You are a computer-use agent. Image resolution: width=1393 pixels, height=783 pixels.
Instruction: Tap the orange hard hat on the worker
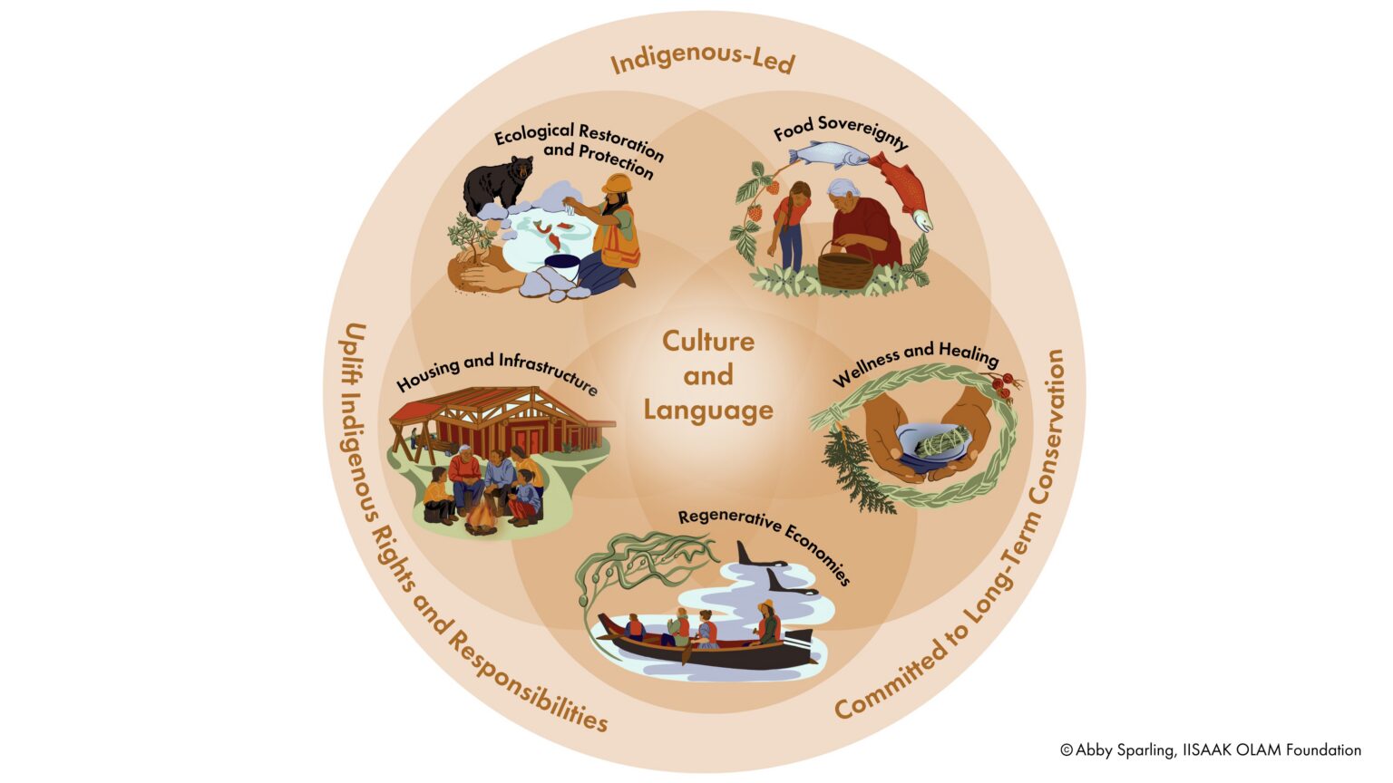coord(617,183)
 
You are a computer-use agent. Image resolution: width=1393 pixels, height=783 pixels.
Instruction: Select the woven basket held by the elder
coord(845,266)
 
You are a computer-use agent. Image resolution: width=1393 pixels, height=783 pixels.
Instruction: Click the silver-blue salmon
coord(832,154)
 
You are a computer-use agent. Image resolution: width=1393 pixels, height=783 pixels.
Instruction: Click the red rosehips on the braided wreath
coord(1003,386)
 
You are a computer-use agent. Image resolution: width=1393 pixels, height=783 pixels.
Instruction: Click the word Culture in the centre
coord(707,341)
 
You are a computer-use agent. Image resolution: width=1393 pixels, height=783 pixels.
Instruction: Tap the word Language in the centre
coord(708,411)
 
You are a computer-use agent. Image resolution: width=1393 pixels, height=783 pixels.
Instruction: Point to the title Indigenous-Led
coord(703,61)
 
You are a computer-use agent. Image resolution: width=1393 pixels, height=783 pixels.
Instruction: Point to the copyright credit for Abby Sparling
coord(1210,750)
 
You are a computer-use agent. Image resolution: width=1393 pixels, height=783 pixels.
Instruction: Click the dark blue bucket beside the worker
coord(562,266)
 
